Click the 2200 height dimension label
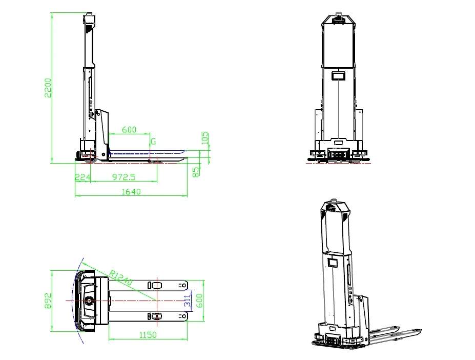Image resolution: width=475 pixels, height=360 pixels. click(48, 88)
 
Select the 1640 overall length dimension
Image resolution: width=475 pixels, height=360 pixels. click(131, 192)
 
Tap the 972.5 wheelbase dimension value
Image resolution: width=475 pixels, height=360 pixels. click(123, 177)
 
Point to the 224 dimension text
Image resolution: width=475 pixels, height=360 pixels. click(82, 177)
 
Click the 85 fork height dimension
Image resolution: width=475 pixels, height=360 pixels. click(196, 172)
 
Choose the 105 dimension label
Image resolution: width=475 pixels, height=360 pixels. click(205, 138)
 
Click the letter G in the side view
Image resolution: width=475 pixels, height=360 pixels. click(153, 142)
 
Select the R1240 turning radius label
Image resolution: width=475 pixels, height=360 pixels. click(120, 278)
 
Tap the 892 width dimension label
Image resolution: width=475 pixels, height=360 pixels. click(48, 301)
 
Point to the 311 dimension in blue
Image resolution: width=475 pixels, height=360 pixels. click(188, 301)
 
